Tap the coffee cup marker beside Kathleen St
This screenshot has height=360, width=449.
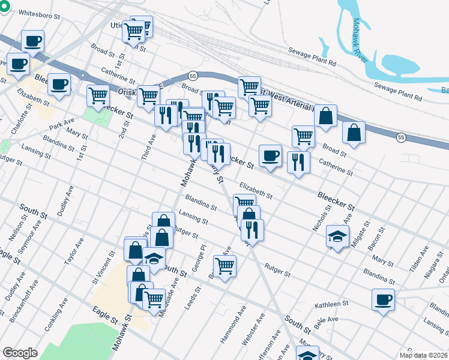click(x=382, y=300)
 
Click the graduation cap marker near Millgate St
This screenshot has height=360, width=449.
click(x=337, y=236)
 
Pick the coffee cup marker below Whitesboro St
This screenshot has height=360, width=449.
click(x=33, y=41)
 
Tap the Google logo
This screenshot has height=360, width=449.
click(x=20, y=353)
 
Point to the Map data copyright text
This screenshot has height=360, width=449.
click(x=424, y=355)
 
